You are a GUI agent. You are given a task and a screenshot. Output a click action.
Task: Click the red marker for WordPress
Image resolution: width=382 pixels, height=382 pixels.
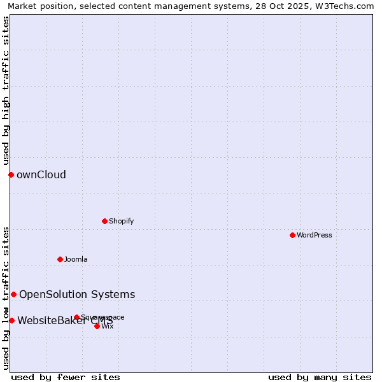click(x=292, y=235)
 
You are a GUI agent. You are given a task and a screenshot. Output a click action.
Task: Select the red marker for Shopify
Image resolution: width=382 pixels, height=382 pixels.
click(x=104, y=221)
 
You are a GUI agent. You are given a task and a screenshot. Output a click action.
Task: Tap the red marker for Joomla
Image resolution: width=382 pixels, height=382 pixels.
click(x=60, y=259)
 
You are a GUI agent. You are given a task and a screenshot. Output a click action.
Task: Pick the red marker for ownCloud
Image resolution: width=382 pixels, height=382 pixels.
click(x=11, y=174)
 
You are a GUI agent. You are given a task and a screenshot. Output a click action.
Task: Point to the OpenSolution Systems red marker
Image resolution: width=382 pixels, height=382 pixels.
click(x=13, y=294)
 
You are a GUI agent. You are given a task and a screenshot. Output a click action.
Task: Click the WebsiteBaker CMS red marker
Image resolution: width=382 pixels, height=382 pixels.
click(x=11, y=320)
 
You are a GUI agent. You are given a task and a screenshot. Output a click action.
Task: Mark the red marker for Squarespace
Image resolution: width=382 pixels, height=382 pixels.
click(x=76, y=317)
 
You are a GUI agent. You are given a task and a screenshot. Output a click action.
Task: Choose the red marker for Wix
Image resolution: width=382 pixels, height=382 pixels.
click(x=97, y=326)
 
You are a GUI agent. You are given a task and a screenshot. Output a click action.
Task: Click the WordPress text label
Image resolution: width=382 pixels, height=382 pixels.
click(x=315, y=235)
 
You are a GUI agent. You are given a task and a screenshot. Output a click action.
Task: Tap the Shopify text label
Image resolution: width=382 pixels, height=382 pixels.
click(x=121, y=221)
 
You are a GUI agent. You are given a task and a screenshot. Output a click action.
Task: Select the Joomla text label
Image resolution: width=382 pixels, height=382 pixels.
click(x=76, y=259)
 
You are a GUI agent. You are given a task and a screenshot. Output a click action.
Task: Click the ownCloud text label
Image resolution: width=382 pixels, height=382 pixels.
click(x=41, y=174)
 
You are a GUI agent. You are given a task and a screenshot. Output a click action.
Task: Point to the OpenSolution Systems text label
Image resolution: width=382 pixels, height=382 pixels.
click(x=77, y=294)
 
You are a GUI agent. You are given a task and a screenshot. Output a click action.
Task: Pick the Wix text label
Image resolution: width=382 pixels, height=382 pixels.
click(x=108, y=326)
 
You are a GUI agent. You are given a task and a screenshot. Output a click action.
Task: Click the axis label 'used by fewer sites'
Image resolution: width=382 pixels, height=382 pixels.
click(x=66, y=377)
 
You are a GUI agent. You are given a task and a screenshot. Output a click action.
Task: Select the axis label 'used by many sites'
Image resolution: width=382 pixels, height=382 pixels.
click(x=320, y=377)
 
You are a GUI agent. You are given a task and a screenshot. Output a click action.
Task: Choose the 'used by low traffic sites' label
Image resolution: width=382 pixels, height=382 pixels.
click(x=6, y=297)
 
